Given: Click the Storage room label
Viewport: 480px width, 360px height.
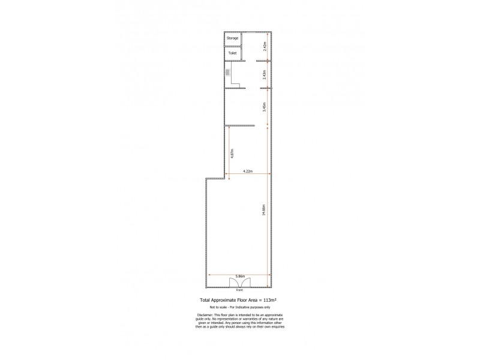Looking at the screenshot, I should (x=232, y=38).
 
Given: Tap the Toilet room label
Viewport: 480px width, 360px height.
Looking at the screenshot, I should (x=232, y=53).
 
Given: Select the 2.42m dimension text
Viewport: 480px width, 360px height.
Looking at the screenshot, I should (x=265, y=44).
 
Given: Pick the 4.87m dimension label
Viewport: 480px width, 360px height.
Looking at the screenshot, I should (x=232, y=153).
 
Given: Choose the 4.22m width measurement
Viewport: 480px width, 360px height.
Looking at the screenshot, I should (x=248, y=172).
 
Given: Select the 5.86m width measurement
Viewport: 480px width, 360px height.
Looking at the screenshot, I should (x=239, y=276).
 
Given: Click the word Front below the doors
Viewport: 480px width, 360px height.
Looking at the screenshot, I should (x=239, y=290).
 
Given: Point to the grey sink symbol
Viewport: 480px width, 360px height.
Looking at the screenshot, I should (x=228, y=72).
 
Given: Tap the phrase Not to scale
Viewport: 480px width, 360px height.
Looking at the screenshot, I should (x=226, y=307).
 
